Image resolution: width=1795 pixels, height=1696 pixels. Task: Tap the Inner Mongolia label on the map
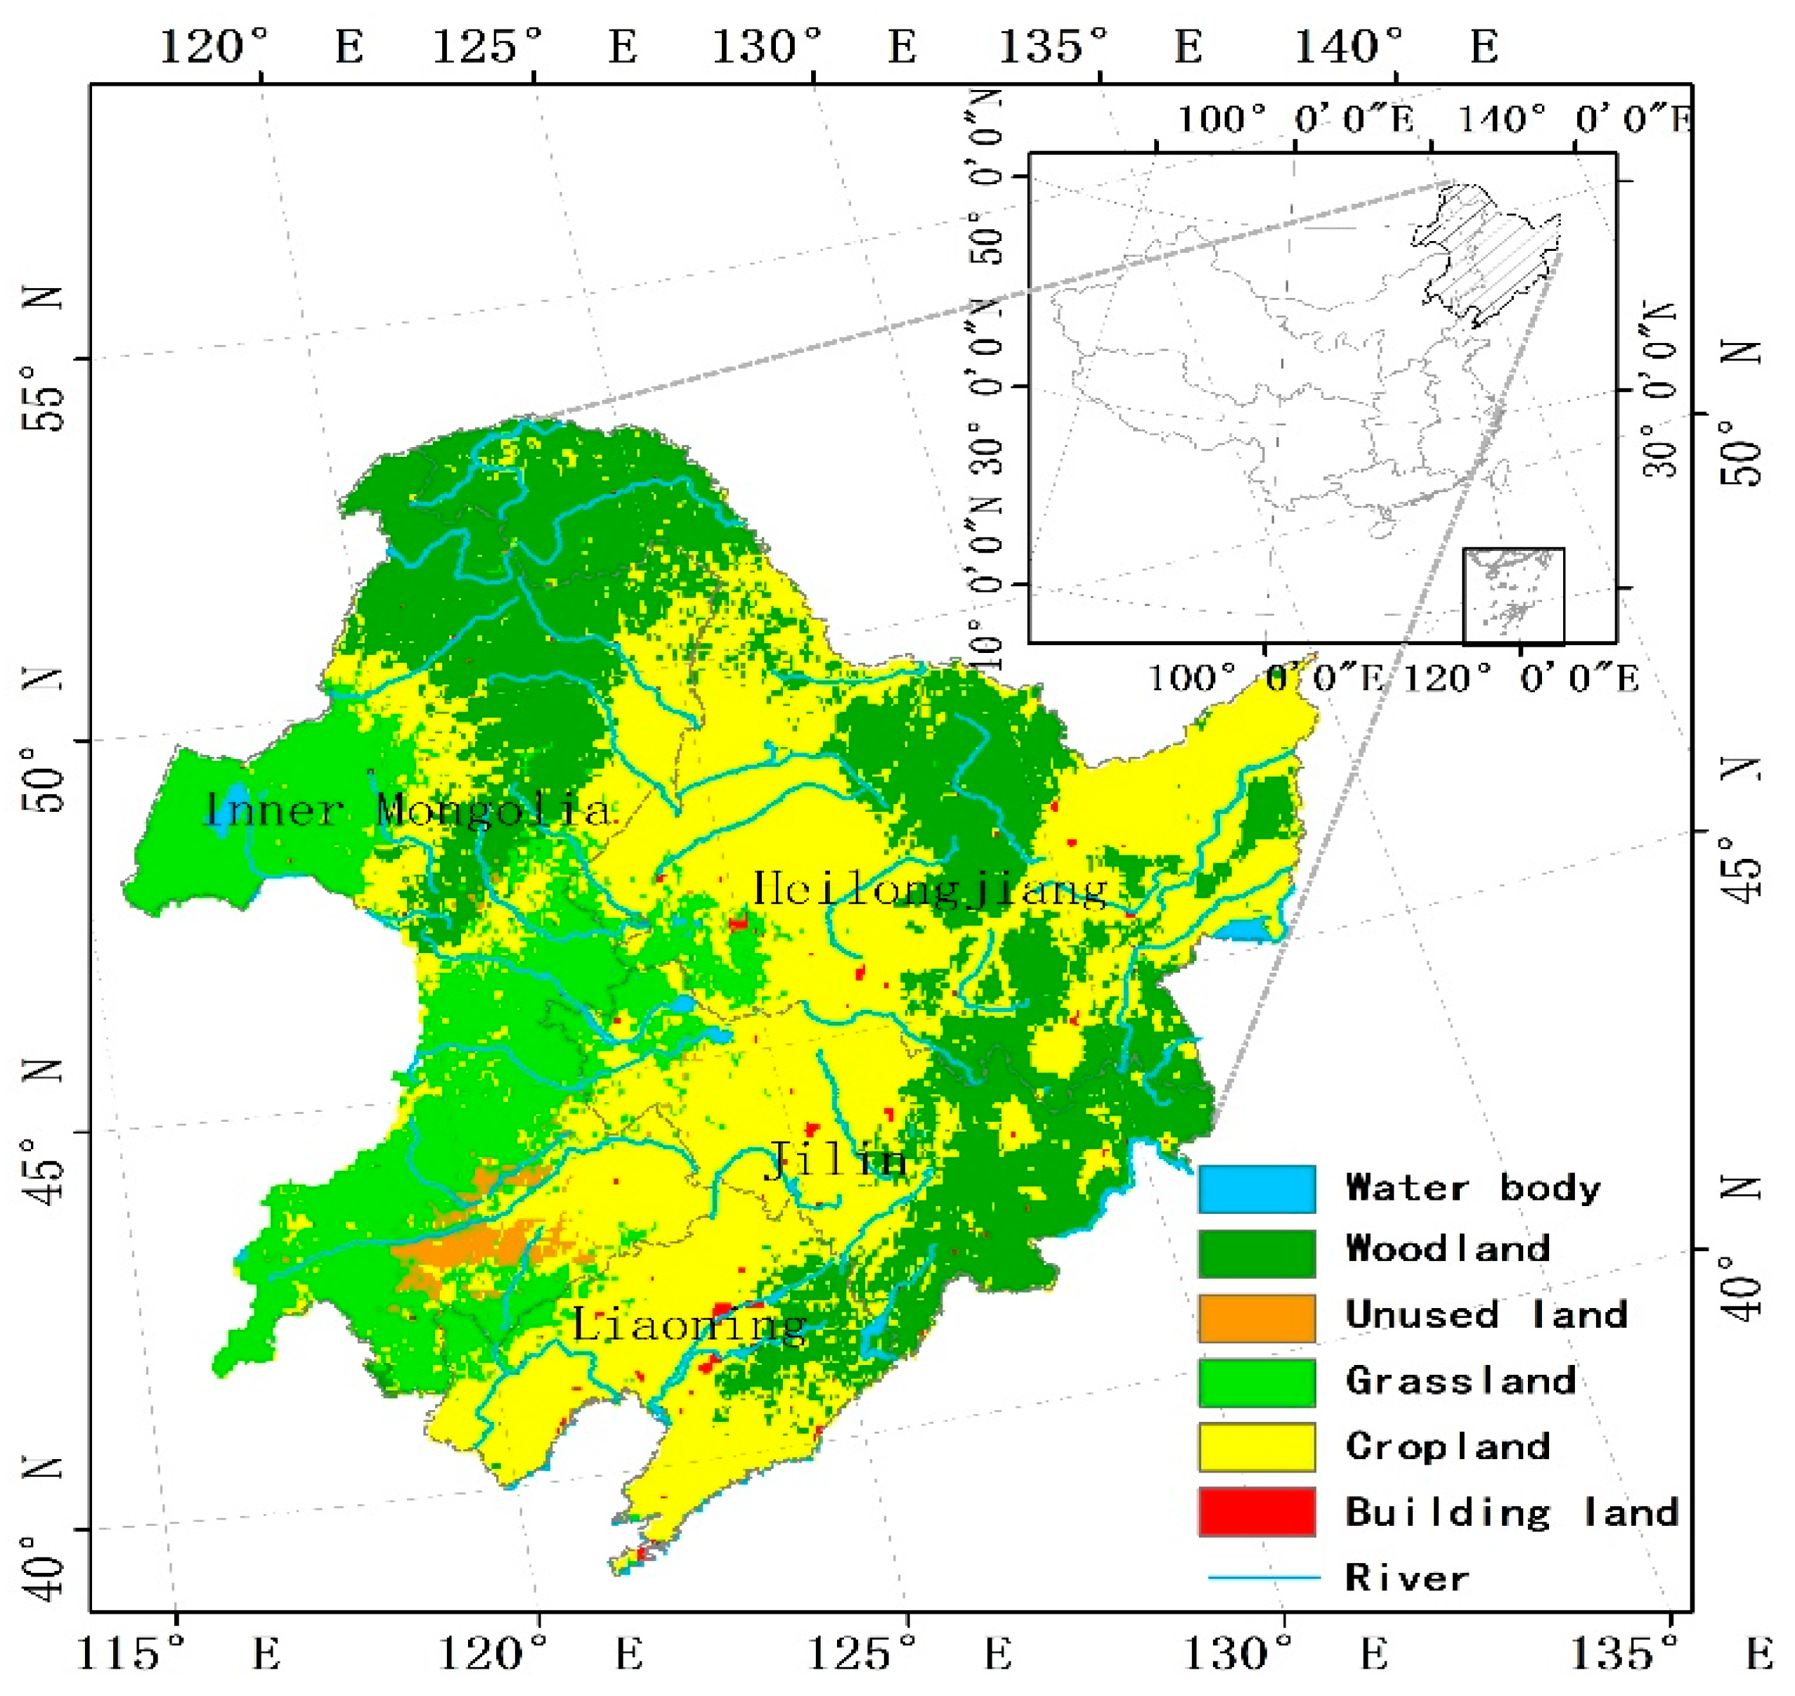click(408, 809)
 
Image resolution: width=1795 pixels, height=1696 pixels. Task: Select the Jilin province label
click(836, 1160)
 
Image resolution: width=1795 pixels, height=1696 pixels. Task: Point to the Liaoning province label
click(689, 1326)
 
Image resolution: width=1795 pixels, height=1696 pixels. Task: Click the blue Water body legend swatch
click(1257, 1188)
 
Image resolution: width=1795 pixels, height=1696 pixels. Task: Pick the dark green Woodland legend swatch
click(1257, 1253)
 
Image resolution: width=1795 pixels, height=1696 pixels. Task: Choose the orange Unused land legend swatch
click(1257, 1317)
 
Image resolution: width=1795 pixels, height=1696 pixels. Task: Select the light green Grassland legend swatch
click(1257, 1383)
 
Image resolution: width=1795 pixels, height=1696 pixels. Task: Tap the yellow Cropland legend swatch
click(1257, 1447)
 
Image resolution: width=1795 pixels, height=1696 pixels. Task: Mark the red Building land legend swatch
click(1257, 1512)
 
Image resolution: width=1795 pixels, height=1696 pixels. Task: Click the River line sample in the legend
click(1264, 1578)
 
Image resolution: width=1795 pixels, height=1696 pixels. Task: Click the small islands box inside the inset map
click(1513, 595)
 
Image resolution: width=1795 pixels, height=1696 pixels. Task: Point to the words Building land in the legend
click(1511, 1513)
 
